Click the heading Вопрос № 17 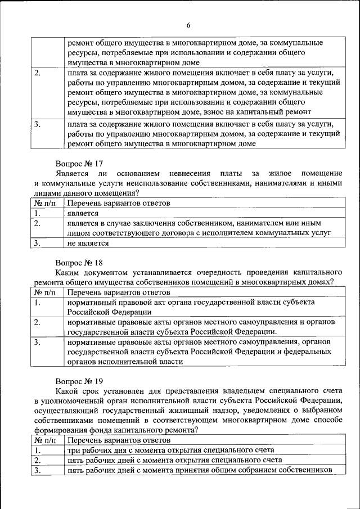tap(79, 163)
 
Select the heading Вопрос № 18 tap(79, 262)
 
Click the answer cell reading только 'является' tap(83, 213)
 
